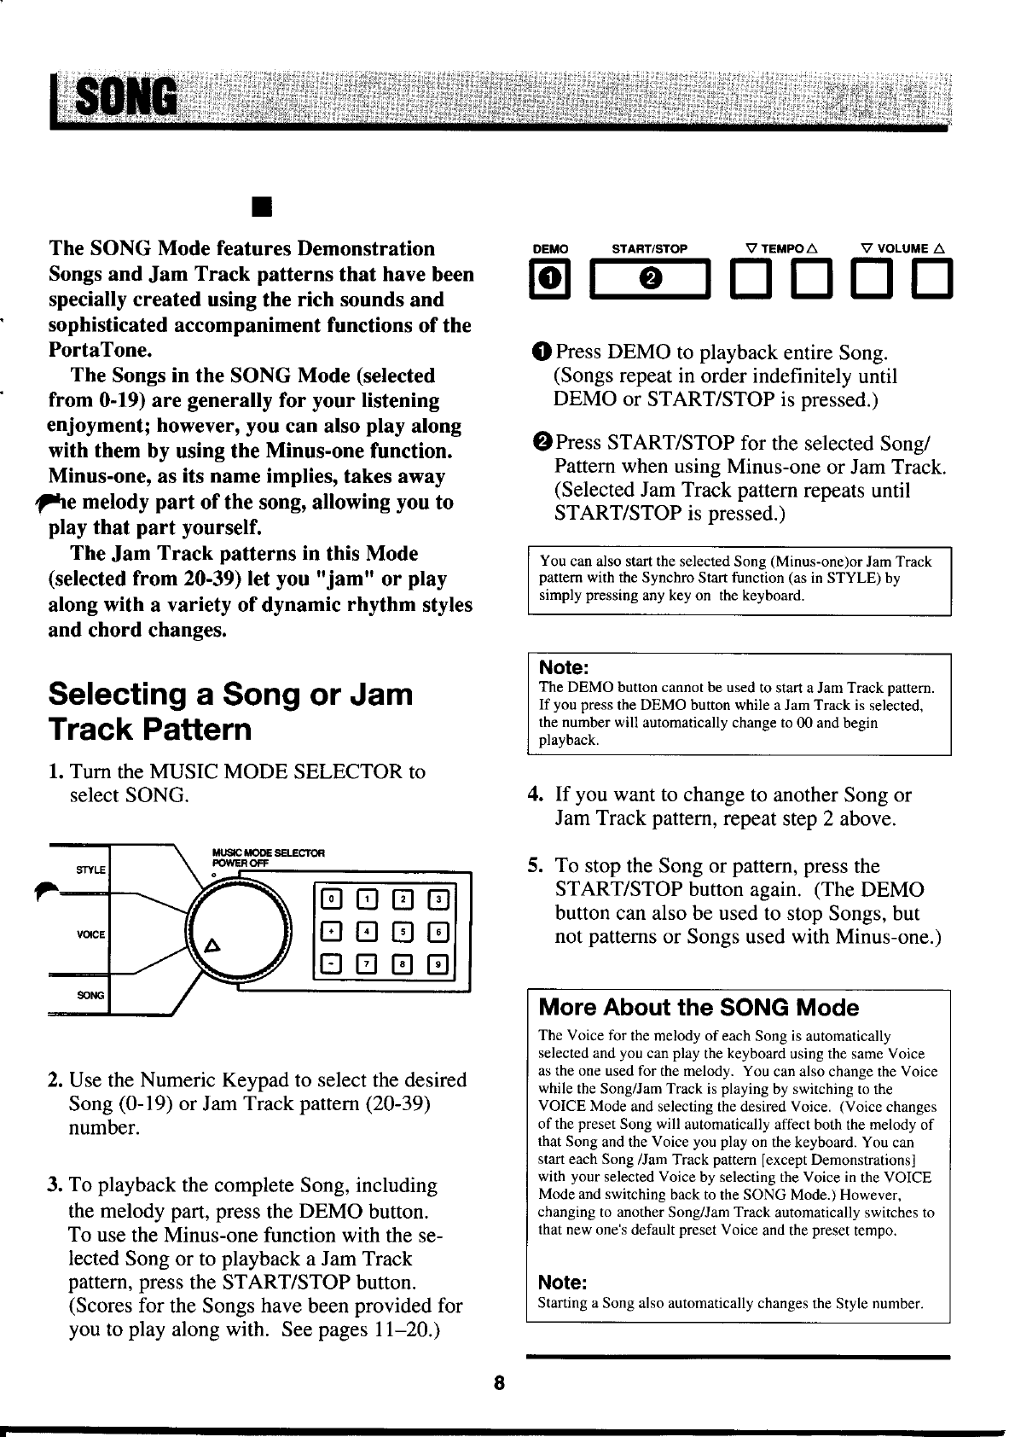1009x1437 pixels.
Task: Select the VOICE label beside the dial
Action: pos(92,934)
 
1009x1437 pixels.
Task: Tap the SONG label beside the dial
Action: pos(91,995)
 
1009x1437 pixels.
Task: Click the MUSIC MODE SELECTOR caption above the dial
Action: pos(268,852)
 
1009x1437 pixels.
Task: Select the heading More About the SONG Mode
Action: pos(699,1008)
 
